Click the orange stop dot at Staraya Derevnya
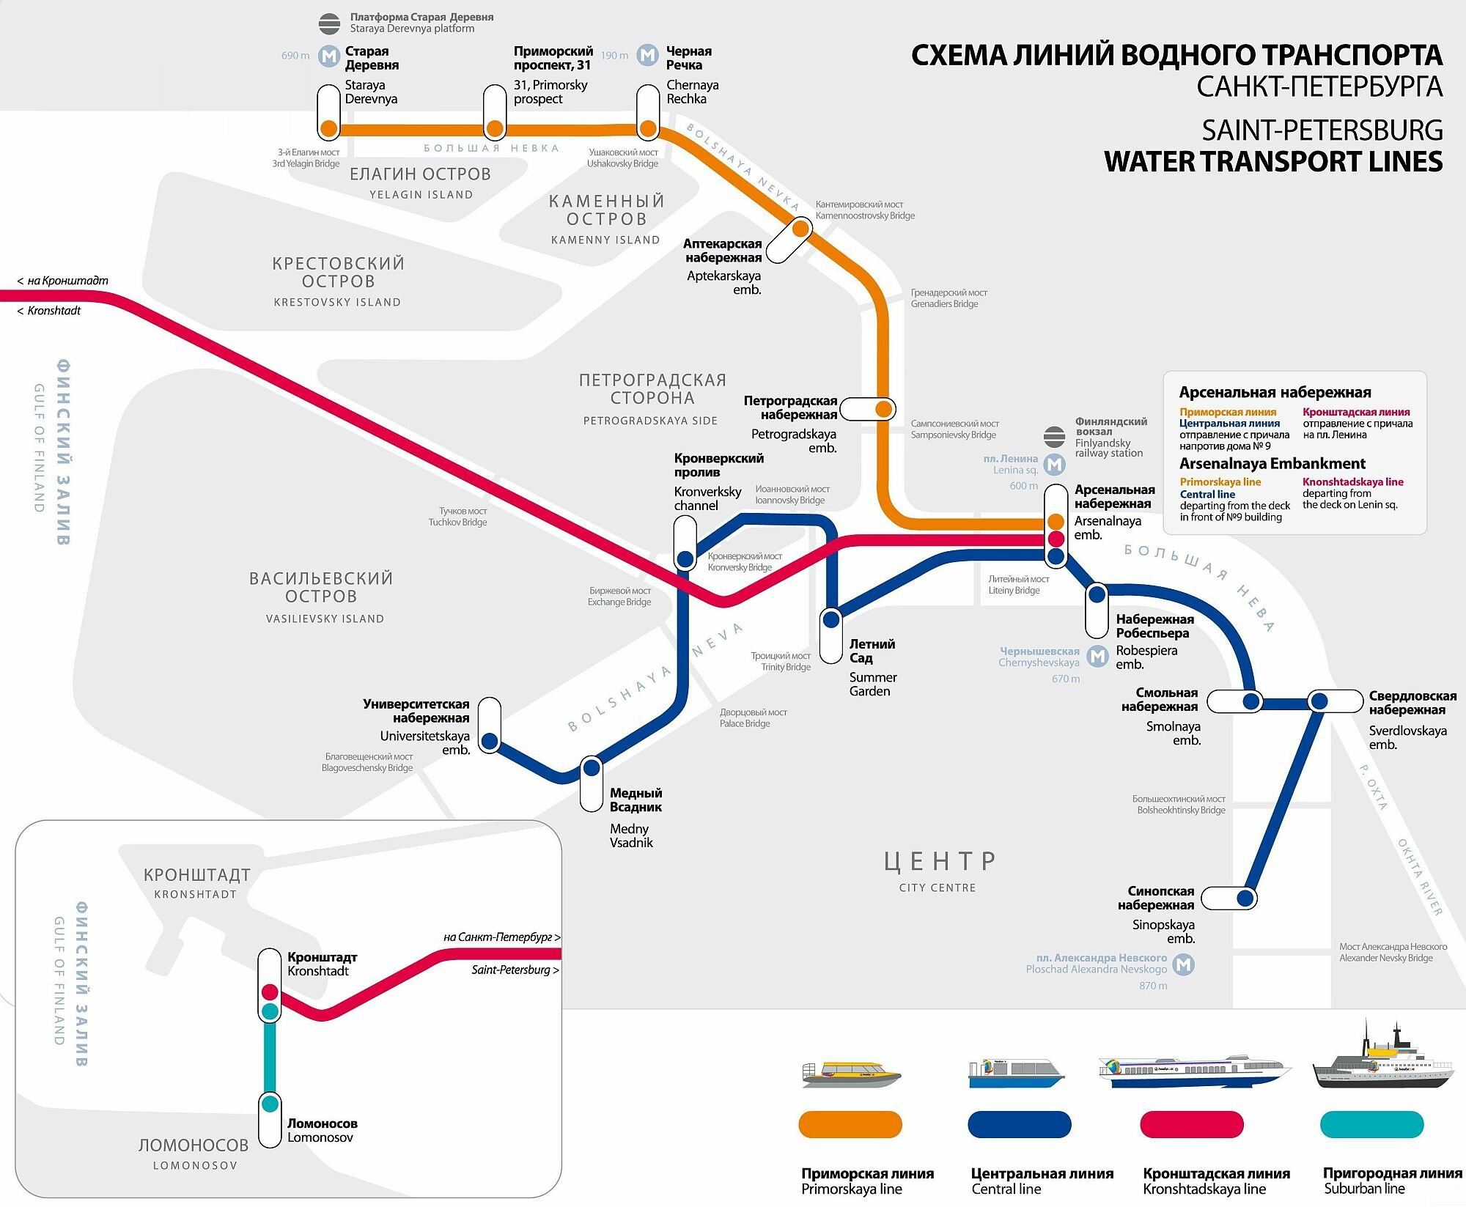329,129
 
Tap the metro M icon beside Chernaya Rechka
647,55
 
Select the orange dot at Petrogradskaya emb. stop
884,409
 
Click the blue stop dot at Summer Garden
830,620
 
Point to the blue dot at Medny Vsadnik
592,768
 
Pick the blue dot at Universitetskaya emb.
490,741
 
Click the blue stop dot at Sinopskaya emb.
1245,898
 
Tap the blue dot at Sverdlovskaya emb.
1319,701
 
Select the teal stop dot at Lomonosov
270,1103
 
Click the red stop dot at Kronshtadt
270,992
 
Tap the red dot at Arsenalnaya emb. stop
1056,539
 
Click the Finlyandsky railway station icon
1054,437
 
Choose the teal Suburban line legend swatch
1371,1124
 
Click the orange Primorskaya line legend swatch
850,1124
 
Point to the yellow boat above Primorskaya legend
851,1074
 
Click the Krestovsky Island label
338,281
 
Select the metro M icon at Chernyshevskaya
1097,657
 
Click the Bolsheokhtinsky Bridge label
1179,805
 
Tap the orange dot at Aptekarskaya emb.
800,229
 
